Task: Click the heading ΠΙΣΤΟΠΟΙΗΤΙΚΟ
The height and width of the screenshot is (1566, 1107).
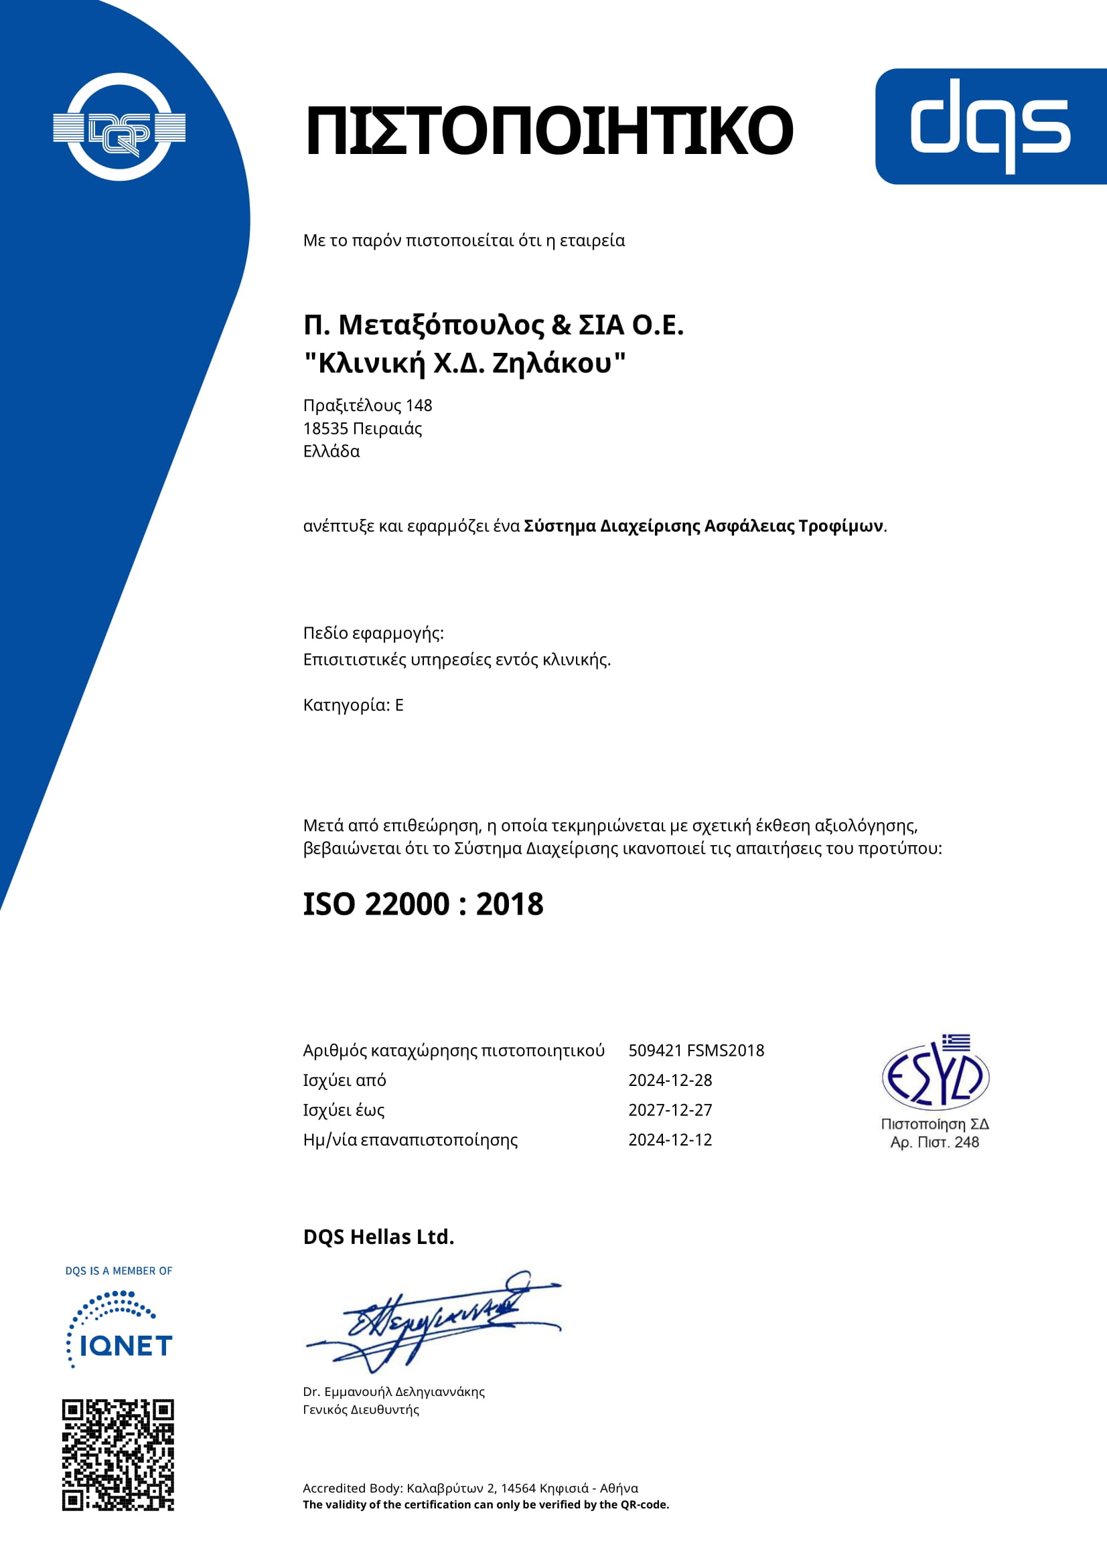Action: pyautogui.click(x=549, y=131)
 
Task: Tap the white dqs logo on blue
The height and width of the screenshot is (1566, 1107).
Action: pyautogui.click(x=990, y=126)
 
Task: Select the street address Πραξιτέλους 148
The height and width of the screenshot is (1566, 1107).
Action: pyautogui.click(x=368, y=406)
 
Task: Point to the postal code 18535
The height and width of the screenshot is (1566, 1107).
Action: pyautogui.click(x=325, y=429)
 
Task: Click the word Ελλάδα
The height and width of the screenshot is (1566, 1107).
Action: pyautogui.click(x=331, y=451)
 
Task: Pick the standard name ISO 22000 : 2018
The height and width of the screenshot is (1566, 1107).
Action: pyautogui.click(x=423, y=905)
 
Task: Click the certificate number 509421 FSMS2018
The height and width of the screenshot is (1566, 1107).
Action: pyautogui.click(x=696, y=1050)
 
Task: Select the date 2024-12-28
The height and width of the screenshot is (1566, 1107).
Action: pyautogui.click(x=670, y=1081)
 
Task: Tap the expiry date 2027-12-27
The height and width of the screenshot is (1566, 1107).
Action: pyautogui.click(x=670, y=1110)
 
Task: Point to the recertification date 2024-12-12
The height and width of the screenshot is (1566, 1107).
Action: pyautogui.click(x=670, y=1140)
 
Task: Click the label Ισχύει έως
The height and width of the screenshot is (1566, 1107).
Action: pyautogui.click(x=344, y=1110)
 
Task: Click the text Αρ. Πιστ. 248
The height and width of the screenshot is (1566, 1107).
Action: pyautogui.click(x=934, y=1142)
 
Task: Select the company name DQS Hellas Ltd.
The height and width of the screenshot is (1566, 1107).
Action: pyautogui.click(x=378, y=1237)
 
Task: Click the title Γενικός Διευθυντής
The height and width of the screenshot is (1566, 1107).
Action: pyautogui.click(x=361, y=1410)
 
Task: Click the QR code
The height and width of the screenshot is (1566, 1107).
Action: pyautogui.click(x=118, y=1456)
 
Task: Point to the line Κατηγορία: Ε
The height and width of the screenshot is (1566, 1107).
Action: pyautogui.click(x=354, y=705)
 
